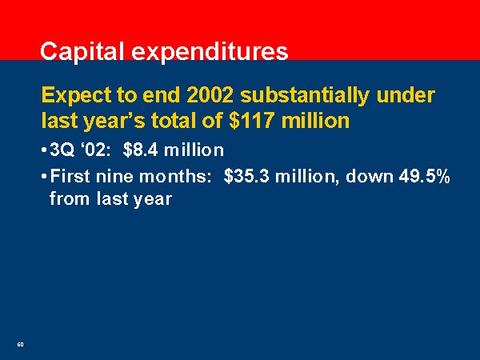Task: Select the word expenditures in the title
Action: (x=210, y=53)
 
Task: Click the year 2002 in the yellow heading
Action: (x=210, y=95)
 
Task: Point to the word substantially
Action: (x=305, y=96)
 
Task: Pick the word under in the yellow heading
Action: (x=406, y=95)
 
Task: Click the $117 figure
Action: (x=251, y=121)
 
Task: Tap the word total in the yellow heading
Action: (x=174, y=120)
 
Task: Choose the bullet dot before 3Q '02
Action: (x=44, y=150)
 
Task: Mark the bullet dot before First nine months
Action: (x=44, y=177)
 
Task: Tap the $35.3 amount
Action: (x=246, y=176)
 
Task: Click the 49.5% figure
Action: (x=425, y=176)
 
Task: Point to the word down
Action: (x=369, y=176)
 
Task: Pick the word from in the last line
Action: (x=70, y=198)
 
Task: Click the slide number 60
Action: (x=20, y=344)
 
